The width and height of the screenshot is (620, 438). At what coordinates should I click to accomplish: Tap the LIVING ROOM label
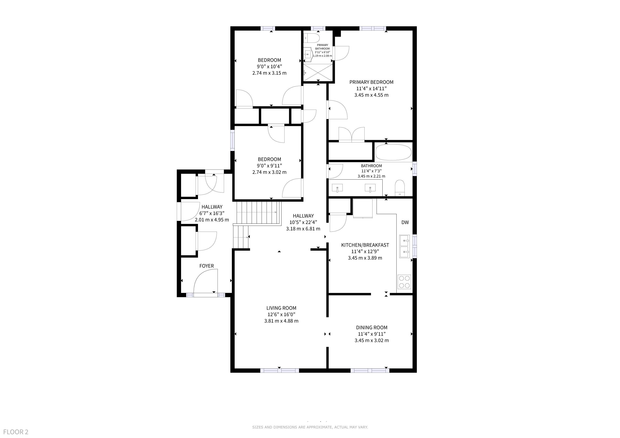click(281, 308)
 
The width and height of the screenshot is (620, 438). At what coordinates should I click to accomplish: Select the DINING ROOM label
click(372, 327)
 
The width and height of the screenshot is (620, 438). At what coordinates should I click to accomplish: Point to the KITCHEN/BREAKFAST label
click(365, 245)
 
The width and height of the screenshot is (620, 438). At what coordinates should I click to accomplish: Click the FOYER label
click(207, 266)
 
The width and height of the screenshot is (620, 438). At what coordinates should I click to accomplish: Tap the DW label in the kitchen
click(405, 222)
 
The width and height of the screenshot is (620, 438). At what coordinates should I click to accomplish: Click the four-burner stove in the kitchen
click(404, 282)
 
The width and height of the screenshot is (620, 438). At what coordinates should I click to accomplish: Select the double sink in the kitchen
click(404, 246)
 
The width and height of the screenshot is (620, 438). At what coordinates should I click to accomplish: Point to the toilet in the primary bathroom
click(312, 38)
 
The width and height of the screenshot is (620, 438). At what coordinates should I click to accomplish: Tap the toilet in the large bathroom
click(400, 188)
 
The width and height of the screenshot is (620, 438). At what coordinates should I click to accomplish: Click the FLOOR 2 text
click(16, 432)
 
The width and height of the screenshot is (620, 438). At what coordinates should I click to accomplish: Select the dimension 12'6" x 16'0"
click(281, 314)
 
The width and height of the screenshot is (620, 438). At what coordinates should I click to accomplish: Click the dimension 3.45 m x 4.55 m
click(371, 95)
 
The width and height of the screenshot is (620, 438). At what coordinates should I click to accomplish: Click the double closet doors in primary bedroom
click(352, 134)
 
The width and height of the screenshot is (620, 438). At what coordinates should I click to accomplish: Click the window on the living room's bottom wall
click(279, 371)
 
